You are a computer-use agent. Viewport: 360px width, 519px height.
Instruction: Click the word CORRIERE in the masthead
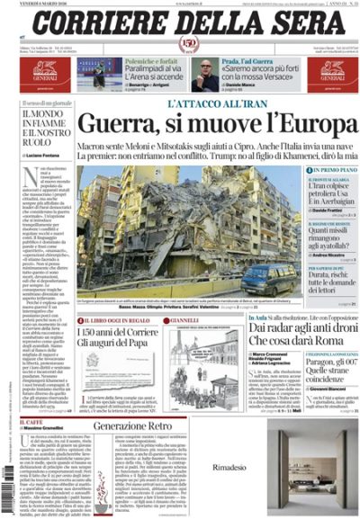pos(99,21)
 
